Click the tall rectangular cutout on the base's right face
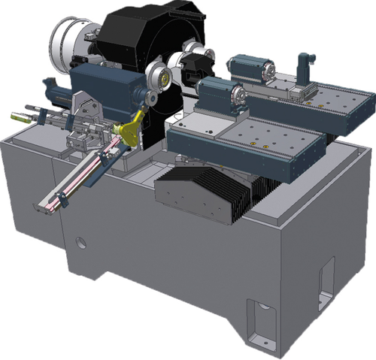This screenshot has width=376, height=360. pyautogui.click(x=325, y=278)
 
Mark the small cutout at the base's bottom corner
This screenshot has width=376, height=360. pyautogui.click(x=260, y=316)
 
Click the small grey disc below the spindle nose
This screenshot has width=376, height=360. pyautogui.click(x=151, y=97)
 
